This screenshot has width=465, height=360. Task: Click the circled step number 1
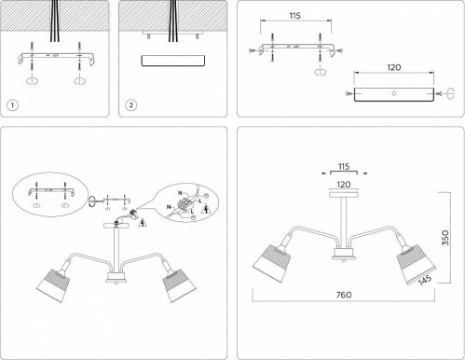(11, 104)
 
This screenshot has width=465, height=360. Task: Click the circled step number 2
(130, 104)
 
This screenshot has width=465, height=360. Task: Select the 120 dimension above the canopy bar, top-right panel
(393, 68)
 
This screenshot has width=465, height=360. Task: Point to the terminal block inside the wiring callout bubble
(190, 199)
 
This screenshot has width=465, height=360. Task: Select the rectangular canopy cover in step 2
(173, 60)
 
